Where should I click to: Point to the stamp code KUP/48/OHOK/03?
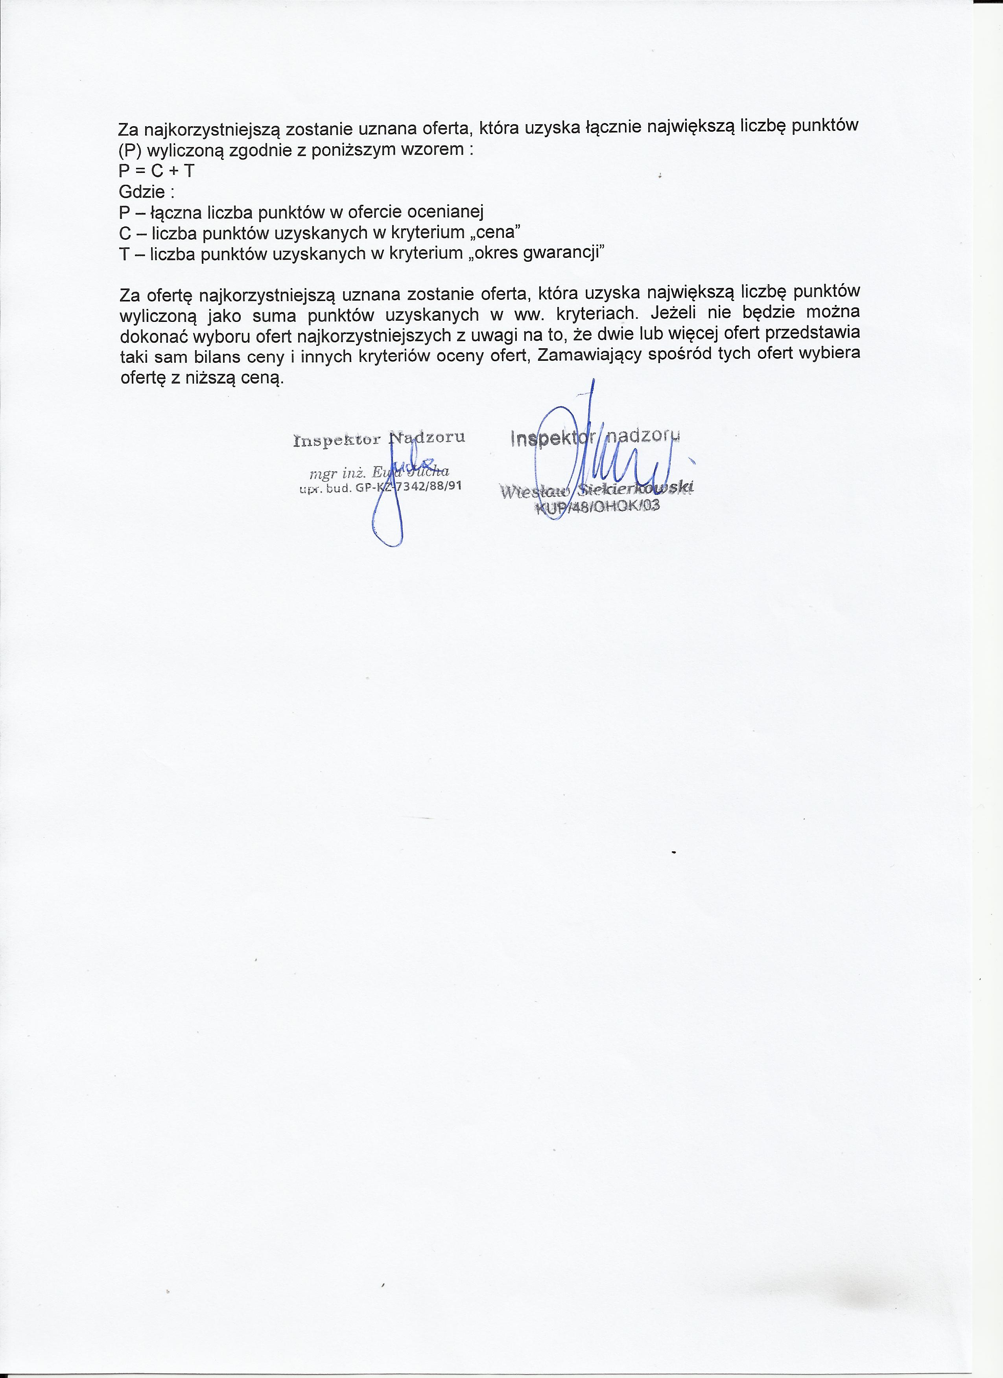pos(596,506)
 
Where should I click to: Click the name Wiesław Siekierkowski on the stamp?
pos(596,489)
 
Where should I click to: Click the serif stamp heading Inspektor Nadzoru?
pos(379,438)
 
